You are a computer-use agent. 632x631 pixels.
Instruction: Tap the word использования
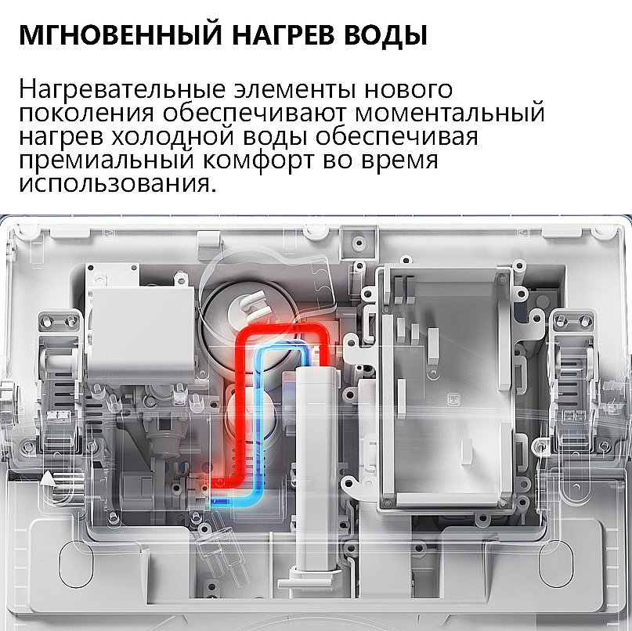[116, 186]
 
